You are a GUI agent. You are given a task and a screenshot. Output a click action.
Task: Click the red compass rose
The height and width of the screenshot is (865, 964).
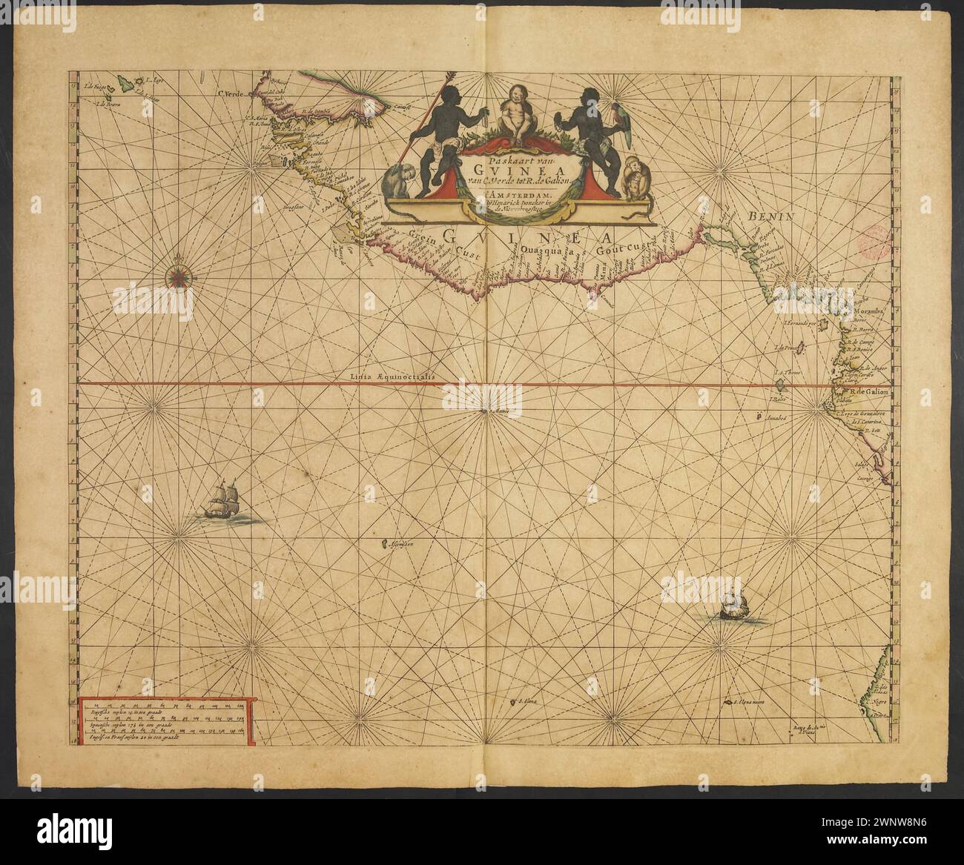click(x=179, y=274)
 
